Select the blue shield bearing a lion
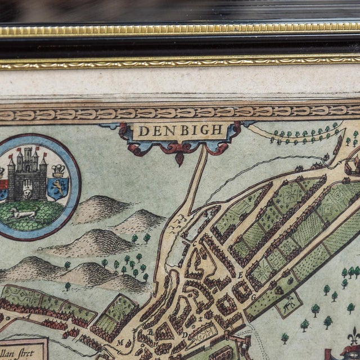tap(58, 187)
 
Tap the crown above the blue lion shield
tap(57, 170)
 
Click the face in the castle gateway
tap(26, 192)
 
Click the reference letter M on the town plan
tap(120, 341)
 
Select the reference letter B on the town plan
tap(150, 332)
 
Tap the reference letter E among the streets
tap(240, 275)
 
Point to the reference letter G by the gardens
tap(253, 296)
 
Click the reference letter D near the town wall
tap(184, 335)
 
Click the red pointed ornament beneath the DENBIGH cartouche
tap(179, 157)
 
